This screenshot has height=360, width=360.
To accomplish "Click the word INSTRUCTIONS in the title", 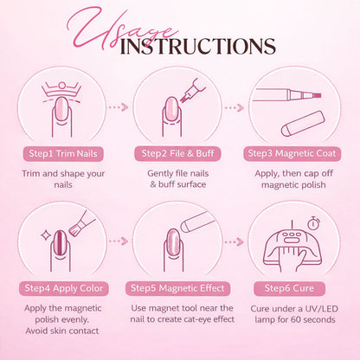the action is tap(197, 46).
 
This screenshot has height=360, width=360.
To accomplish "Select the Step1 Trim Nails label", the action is tap(63, 153).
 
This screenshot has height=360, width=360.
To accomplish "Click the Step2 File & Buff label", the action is tap(177, 153).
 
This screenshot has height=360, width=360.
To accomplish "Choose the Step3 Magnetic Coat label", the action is tap(292, 153).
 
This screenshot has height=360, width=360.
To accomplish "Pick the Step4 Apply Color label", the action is tap(64, 288).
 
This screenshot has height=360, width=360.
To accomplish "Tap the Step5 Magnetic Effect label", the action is tap(177, 288).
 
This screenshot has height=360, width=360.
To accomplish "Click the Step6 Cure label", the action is tap(289, 288).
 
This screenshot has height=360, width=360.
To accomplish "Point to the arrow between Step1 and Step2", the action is tap(118, 107).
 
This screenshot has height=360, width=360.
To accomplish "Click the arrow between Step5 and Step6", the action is tap(234, 241).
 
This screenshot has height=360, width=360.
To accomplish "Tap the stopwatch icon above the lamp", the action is tap(313, 223).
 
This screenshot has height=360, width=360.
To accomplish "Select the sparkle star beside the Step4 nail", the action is tap(46, 235).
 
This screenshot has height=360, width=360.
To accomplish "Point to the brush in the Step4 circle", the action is tap(81, 224).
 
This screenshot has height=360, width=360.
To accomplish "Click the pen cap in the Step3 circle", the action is tap(303, 124).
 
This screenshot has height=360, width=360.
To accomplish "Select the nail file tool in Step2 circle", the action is tap(191, 90).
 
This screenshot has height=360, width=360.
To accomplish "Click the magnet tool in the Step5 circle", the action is tap(198, 222).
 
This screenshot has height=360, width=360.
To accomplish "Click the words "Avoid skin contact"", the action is tap(62, 331).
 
